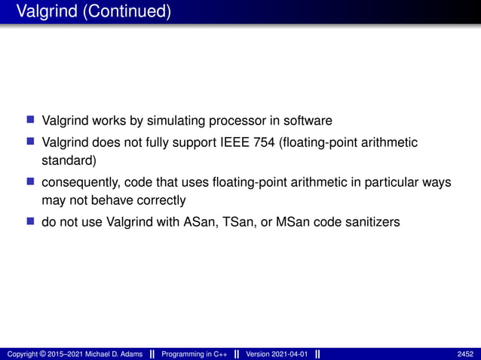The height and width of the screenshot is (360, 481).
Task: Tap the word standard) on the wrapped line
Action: click(68, 160)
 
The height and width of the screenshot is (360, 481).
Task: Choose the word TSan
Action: click(244, 223)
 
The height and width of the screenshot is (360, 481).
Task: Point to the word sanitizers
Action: click(372, 223)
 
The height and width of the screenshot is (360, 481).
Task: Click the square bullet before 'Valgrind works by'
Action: click(31, 121)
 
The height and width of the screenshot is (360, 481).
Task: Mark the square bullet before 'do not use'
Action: click(31, 223)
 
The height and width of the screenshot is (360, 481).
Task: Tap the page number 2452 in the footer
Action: click(465, 354)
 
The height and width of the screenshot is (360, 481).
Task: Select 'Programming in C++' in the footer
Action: click(194, 354)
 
